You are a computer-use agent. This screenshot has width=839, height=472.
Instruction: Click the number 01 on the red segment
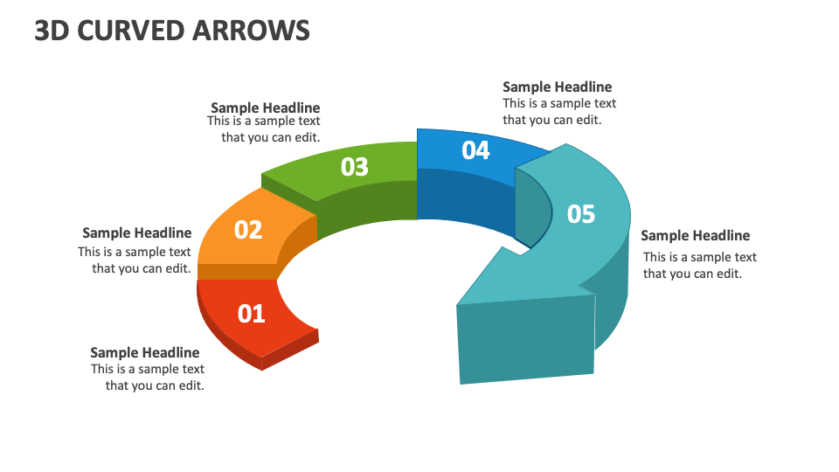[251, 313]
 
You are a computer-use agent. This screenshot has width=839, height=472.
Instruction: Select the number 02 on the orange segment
[248, 230]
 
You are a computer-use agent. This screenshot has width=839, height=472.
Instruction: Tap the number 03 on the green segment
[354, 167]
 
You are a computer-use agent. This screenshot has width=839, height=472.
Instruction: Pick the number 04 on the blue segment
[475, 150]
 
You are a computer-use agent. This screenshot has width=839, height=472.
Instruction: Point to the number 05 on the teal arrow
[581, 213]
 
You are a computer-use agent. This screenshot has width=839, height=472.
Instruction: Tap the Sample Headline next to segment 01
[144, 352]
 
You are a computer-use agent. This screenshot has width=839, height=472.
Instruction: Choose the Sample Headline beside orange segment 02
[136, 233]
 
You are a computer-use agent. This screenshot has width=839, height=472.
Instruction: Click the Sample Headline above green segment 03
[265, 108]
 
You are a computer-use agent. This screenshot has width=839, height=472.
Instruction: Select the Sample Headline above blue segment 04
[557, 87]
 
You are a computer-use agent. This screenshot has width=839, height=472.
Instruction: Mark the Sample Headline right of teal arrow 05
[695, 235]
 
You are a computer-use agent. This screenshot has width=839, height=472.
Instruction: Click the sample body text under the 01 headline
[149, 378]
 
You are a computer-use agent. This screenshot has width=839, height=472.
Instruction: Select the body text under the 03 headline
[265, 129]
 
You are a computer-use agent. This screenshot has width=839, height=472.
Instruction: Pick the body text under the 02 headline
[135, 260]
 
